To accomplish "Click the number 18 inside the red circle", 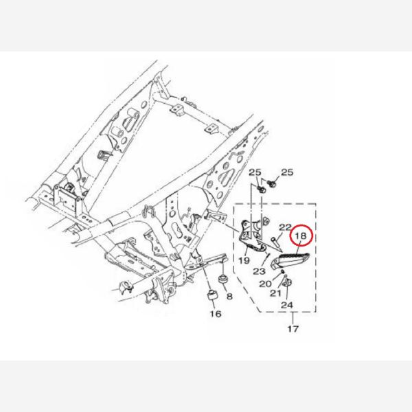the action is click(x=301, y=236).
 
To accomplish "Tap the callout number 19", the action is click(x=244, y=260).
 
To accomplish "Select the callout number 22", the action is click(x=285, y=227).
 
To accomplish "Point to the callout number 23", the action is click(x=259, y=271).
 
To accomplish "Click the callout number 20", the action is click(x=265, y=284).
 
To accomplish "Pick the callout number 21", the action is click(x=275, y=293).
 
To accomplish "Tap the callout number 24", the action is click(x=286, y=305).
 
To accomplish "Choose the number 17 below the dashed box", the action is click(x=293, y=329).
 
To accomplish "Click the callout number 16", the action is click(x=216, y=314).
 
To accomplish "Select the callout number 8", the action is click(x=229, y=297).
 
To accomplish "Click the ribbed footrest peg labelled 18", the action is click(x=290, y=260).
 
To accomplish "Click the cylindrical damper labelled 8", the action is click(x=223, y=279).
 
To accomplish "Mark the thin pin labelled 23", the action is click(x=268, y=255).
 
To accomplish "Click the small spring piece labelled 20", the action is click(x=282, y=271).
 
